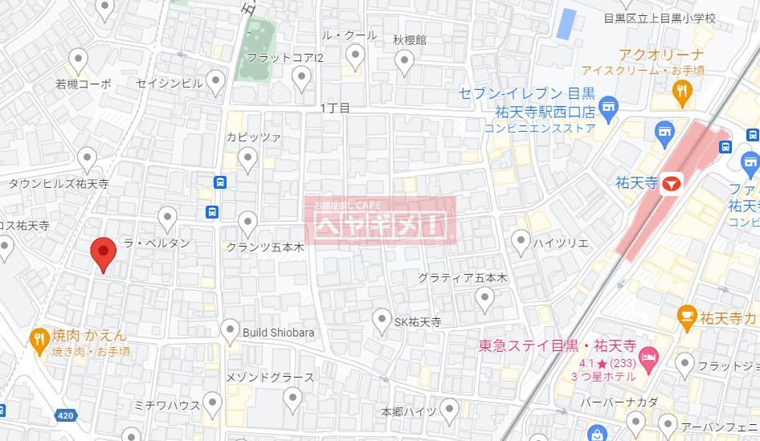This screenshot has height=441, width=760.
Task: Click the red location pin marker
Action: [102, 253]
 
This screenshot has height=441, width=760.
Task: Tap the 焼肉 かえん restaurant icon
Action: [38, 340]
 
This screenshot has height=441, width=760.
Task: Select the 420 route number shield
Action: [65, 415]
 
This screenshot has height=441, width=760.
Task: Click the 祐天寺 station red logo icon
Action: [672, 184]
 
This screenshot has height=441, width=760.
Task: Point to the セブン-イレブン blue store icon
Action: [608, 107]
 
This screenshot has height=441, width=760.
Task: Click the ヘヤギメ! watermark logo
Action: [381, 220]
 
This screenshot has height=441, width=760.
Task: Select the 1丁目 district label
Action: [334, 108]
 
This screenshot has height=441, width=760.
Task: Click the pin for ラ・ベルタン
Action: [167, 217]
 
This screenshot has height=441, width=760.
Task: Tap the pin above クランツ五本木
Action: [248, 222]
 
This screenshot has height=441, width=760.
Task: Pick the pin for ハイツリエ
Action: [521, 240]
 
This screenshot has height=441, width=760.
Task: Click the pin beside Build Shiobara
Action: [231, 330]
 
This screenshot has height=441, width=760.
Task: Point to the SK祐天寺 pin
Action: [382, 321]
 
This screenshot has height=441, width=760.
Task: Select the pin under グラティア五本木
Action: [484, 299]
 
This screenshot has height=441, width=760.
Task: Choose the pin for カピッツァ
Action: [248, 159]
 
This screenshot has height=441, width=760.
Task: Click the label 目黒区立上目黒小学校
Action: [660, 18]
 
